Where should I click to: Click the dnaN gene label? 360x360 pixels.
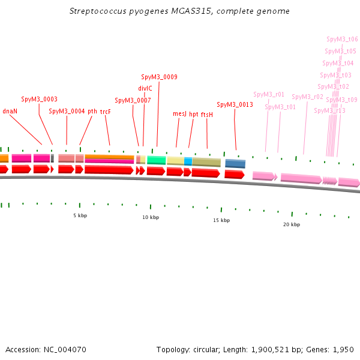click(10, 111)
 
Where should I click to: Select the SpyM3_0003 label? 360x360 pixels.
click(39, 100)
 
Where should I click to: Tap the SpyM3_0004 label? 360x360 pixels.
click(67, 111)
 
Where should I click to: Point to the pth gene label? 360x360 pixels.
click(92, 111)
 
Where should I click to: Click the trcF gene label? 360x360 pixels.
click(106, 111)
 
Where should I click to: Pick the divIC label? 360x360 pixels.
click(145, 88)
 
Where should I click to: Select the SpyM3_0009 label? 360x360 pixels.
click(159, 77)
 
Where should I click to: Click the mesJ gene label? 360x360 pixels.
click(179, 113)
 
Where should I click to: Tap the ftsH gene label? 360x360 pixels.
click(207, 113)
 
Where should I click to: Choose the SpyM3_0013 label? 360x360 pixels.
click(235, 104)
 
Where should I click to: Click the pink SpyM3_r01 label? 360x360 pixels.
click(268, 94)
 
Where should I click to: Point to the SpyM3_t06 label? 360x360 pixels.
click(342, 39)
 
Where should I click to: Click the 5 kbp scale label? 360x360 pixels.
click(80, 215)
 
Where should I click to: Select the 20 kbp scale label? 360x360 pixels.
click(292, 224)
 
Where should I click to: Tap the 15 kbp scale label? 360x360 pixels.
click(221, 220)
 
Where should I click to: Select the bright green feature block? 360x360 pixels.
click(156, 160)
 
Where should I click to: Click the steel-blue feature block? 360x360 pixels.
click(235, 164)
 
